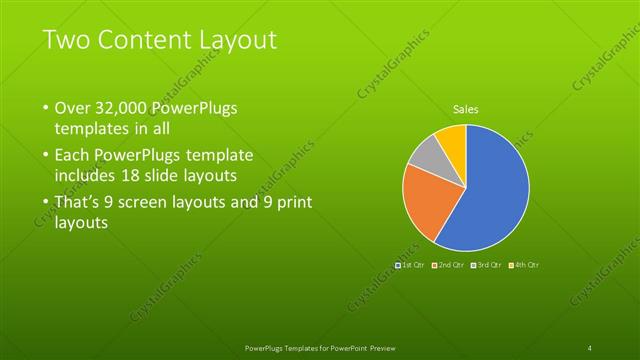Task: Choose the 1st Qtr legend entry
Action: (412, 264)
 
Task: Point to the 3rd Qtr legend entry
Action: (486, 264)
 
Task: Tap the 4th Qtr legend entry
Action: (524, 264)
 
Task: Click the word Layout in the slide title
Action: (233, 40)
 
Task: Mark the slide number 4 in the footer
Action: (590, 347)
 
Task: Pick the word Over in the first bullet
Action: (74, 108)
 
